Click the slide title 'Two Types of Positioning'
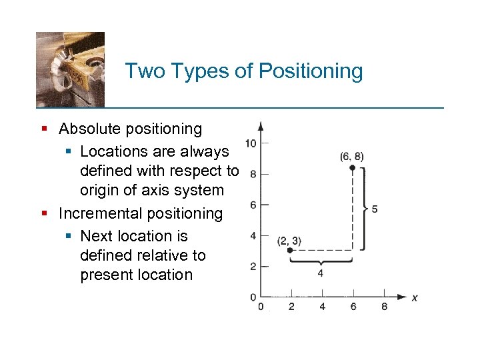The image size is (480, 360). click(243, 71)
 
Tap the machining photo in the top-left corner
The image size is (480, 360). click(70, 69)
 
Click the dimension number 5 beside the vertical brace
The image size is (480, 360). click(375, 209)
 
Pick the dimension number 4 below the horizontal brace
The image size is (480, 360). click(321, 273)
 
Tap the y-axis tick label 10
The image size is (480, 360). click(251, 143)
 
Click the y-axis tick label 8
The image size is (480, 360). click(253, 175)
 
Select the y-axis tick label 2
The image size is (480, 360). click(253, 266)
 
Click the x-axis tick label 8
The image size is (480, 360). click(384, 307)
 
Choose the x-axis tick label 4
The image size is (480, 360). click(323, 307)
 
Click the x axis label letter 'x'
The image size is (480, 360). click(415, 297)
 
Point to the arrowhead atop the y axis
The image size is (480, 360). click(261, 125)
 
